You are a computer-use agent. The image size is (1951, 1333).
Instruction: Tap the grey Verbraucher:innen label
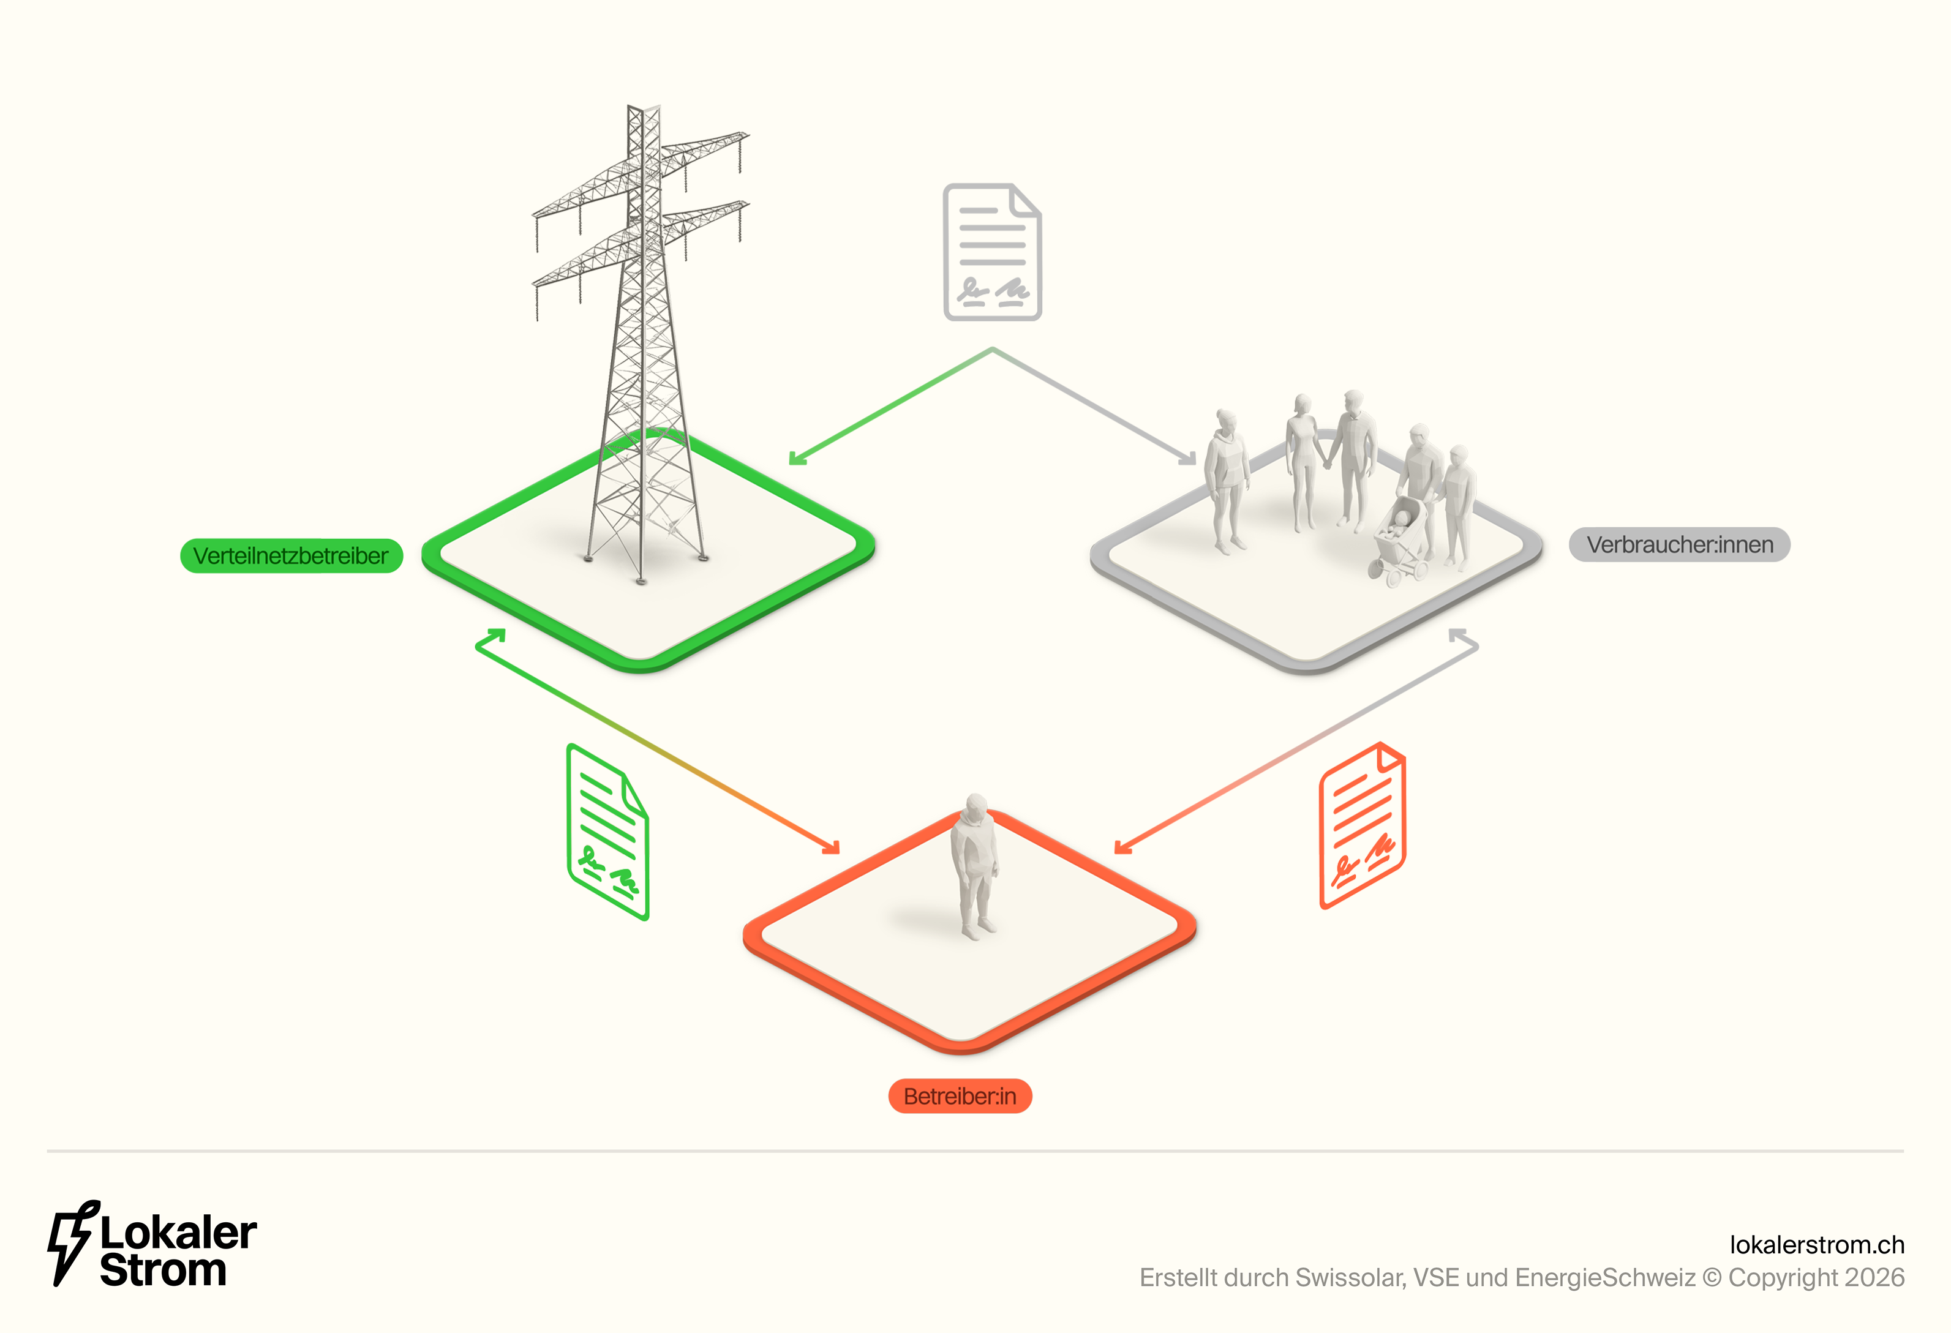[x=1679, y=545]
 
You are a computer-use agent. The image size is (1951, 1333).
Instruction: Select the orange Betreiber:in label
[x=960, y=1096]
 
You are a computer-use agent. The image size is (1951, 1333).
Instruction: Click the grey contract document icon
[x=992, y=252]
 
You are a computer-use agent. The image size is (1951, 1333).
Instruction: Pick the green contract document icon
[x=608, y=831]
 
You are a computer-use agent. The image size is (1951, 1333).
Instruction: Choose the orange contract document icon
[x=1362, y=825]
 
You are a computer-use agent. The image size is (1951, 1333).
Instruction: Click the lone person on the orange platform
[x=974, y=865]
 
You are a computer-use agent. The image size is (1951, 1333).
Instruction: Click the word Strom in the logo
[x=163, y=1270]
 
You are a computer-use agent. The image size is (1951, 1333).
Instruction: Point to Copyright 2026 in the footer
[x=1816, y=1278]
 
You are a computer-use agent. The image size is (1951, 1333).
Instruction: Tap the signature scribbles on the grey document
[x=993, y=291]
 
